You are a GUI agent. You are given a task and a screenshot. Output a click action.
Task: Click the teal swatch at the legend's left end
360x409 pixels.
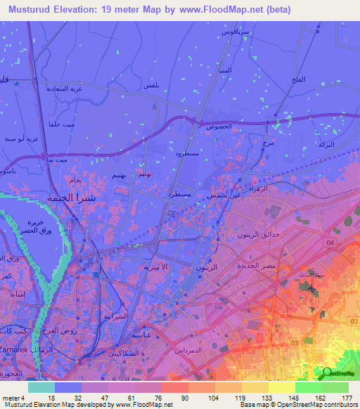click(x=41, y=387)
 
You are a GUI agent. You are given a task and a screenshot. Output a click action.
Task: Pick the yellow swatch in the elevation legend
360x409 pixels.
click(x=282, y=387)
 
